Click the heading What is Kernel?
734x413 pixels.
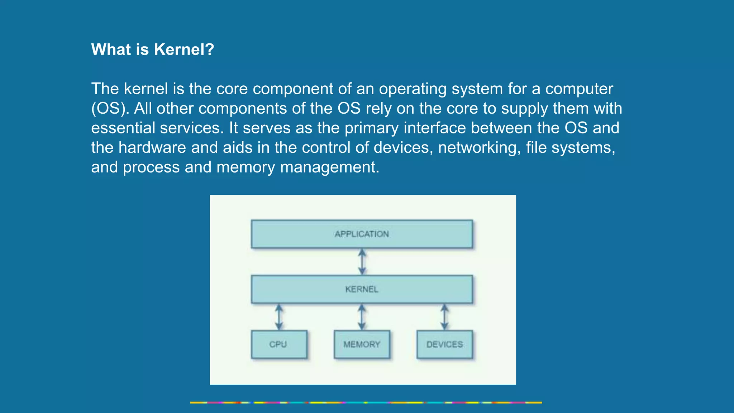click(x=152, y=49)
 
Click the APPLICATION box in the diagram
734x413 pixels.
click(x=362, y=234)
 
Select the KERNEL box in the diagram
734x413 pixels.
click(x=362, y=289)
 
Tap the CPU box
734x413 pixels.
click(x=279, y=344)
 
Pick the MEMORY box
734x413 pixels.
click(x=362, y=344)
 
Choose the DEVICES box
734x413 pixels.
click(x=444, y=344)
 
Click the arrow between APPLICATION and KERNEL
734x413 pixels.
click(x=362, y=262)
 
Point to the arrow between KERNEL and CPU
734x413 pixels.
click(x=279, y=317)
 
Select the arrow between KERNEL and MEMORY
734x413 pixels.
click(x=362, y=317)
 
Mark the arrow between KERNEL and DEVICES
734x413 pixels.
click(x=444, y=317)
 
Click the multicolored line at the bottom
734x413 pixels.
click(x=366, y=403)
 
